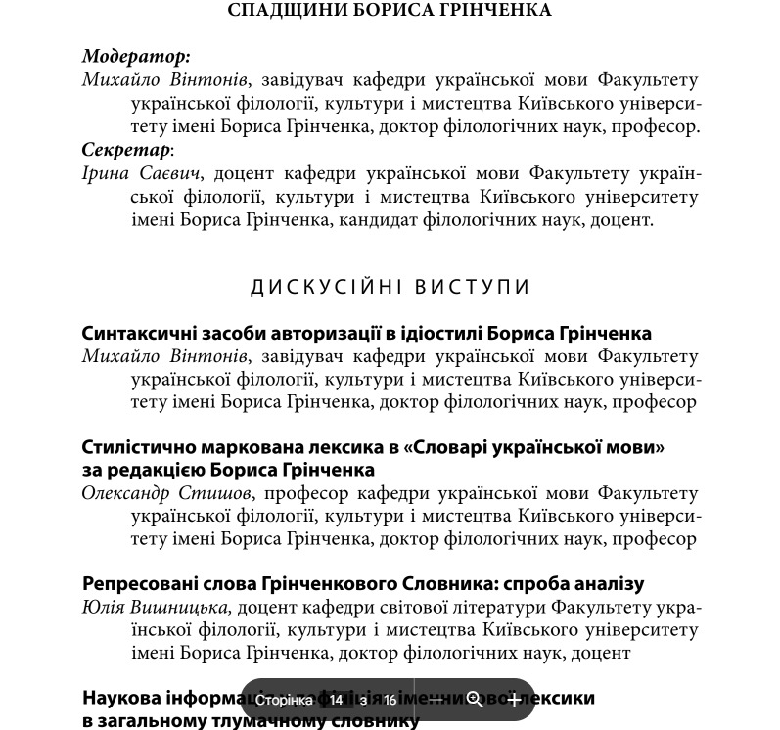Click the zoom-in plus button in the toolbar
point(514,700)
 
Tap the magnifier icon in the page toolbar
point(475,700)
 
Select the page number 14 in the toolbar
point(336,700)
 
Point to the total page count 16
point(390,700)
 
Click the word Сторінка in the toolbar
point(284,700)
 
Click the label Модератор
point(135,57)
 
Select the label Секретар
point(125,150)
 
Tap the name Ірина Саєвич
point(141,174)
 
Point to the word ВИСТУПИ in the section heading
point(473,287)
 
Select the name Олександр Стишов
point(166,493)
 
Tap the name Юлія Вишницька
point(156,608)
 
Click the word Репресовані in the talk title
point(143,584)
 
